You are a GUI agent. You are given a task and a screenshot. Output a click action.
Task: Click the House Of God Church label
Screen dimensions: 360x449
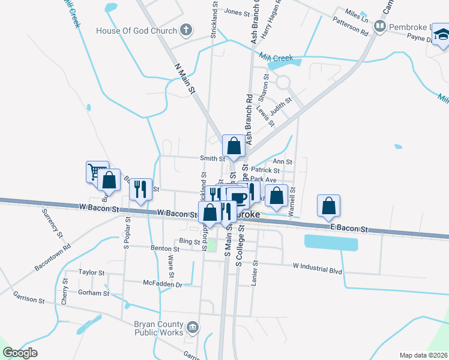coord(137,31)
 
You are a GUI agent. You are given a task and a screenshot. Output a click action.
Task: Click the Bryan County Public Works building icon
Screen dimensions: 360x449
coord(193,328)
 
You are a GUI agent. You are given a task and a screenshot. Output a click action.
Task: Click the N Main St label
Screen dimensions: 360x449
coord(185,78)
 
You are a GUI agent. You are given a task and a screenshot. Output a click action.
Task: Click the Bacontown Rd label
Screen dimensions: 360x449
coord(53,256)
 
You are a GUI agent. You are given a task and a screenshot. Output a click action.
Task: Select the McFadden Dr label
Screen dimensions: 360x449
coord(162,283)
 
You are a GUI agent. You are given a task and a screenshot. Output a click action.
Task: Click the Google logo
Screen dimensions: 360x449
coord(20,352)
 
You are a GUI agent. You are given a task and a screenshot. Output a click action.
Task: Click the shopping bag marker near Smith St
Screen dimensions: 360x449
coord(234,146)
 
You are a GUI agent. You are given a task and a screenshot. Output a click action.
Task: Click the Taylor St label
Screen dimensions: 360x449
coord(92,272)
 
